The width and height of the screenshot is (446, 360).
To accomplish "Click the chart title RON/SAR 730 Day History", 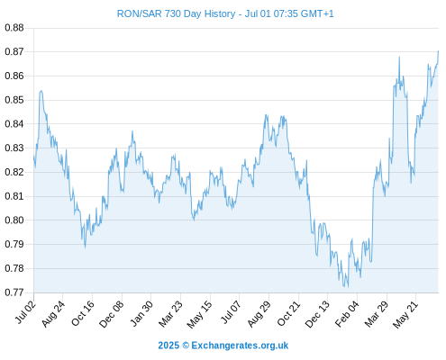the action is pos(176,13).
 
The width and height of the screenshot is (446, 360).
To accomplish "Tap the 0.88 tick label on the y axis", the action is pos(14,28).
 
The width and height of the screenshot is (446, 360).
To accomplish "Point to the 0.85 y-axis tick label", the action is pos(14,100).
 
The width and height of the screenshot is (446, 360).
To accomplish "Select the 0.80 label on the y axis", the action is pos(14,220).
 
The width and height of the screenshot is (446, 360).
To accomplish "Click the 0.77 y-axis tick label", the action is pos(14,292).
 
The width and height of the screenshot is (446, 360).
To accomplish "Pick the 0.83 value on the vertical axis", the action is pos(14,148).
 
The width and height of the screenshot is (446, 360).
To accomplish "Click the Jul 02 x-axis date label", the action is pos(26,312).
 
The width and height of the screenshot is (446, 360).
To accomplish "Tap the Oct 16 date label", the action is pos(83,313).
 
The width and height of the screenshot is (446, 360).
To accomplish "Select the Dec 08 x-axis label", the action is pos(112,314).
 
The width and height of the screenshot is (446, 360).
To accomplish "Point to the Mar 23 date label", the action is pos(170,314).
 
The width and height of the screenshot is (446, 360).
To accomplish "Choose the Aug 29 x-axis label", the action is pos(259,314).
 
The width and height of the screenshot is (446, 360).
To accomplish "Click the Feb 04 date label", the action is pos(347,314).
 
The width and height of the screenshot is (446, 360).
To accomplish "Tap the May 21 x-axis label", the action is pos(405,314).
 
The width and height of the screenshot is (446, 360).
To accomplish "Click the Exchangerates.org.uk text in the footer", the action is pos(240,346).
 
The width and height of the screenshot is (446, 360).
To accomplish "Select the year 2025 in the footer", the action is pos(168,346).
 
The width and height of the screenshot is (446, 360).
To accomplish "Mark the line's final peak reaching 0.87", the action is pos(438,51).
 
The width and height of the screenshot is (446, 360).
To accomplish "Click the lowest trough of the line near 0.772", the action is pos(348,287).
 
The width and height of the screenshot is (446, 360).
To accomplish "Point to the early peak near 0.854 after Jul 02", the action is pos(41,91).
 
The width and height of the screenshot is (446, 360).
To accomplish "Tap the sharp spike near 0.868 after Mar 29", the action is pos(399,57).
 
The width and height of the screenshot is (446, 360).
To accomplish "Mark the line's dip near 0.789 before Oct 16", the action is pos(86,247).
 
